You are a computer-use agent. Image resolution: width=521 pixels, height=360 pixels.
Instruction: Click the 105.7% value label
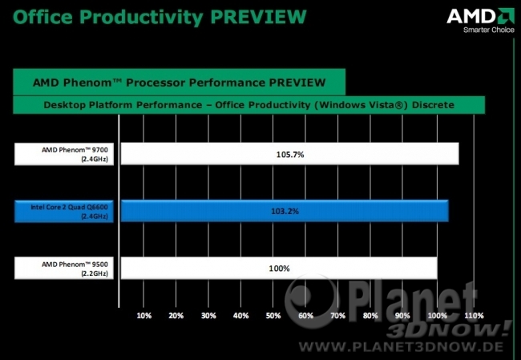(x=290, y=155)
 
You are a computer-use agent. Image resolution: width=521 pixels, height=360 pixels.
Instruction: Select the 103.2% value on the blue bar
(x=285, y=211)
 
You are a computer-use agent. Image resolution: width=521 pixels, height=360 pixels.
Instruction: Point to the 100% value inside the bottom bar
(x=279, y=269)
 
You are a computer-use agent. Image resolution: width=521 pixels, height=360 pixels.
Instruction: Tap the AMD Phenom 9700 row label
(x=75, y=154)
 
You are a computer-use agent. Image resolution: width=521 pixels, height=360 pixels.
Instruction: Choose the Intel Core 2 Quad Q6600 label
(x=69, y=212)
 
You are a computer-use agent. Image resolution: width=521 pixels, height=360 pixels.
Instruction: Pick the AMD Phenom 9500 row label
(x=75, y=269)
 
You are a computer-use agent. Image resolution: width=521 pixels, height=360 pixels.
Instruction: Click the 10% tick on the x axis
(x=143, y=315)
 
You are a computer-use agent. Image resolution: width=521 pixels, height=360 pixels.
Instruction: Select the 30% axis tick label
(x=208, y=315)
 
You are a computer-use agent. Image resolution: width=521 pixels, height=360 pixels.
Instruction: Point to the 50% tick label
(x=273, y=315)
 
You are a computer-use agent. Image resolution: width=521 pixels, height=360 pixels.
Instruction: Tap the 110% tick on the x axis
(x=474, y=315)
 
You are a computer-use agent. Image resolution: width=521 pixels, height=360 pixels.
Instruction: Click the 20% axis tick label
(x=176, y=315)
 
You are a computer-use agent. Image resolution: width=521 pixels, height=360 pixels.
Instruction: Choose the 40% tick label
(x=241, y=315)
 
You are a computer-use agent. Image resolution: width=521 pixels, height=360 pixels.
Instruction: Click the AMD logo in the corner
(x=480, y=16)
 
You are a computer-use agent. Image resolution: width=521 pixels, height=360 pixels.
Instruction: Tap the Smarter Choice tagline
(x=489, y=30)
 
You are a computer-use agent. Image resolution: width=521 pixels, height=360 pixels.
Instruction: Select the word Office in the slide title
(x=42, y=17)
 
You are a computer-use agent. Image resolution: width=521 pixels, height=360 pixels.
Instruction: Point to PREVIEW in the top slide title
(x=259, y=17)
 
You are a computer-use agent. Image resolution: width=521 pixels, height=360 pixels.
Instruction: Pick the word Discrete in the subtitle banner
(x=433, y=105)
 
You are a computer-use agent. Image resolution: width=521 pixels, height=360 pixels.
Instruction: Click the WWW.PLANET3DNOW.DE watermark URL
(x=401, y=346)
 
